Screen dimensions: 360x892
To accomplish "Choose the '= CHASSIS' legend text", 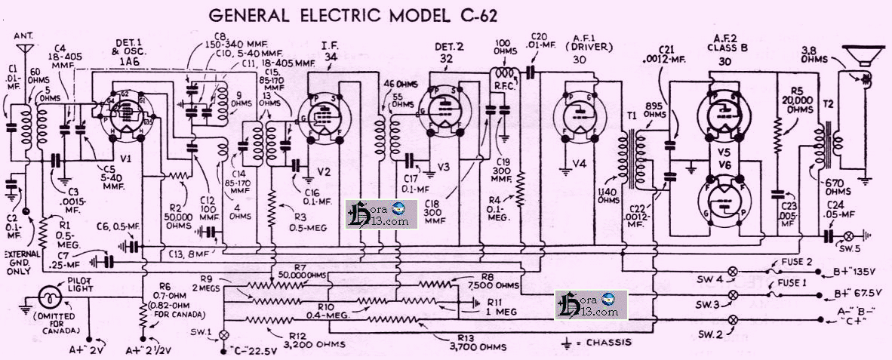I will pos(604,342).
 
